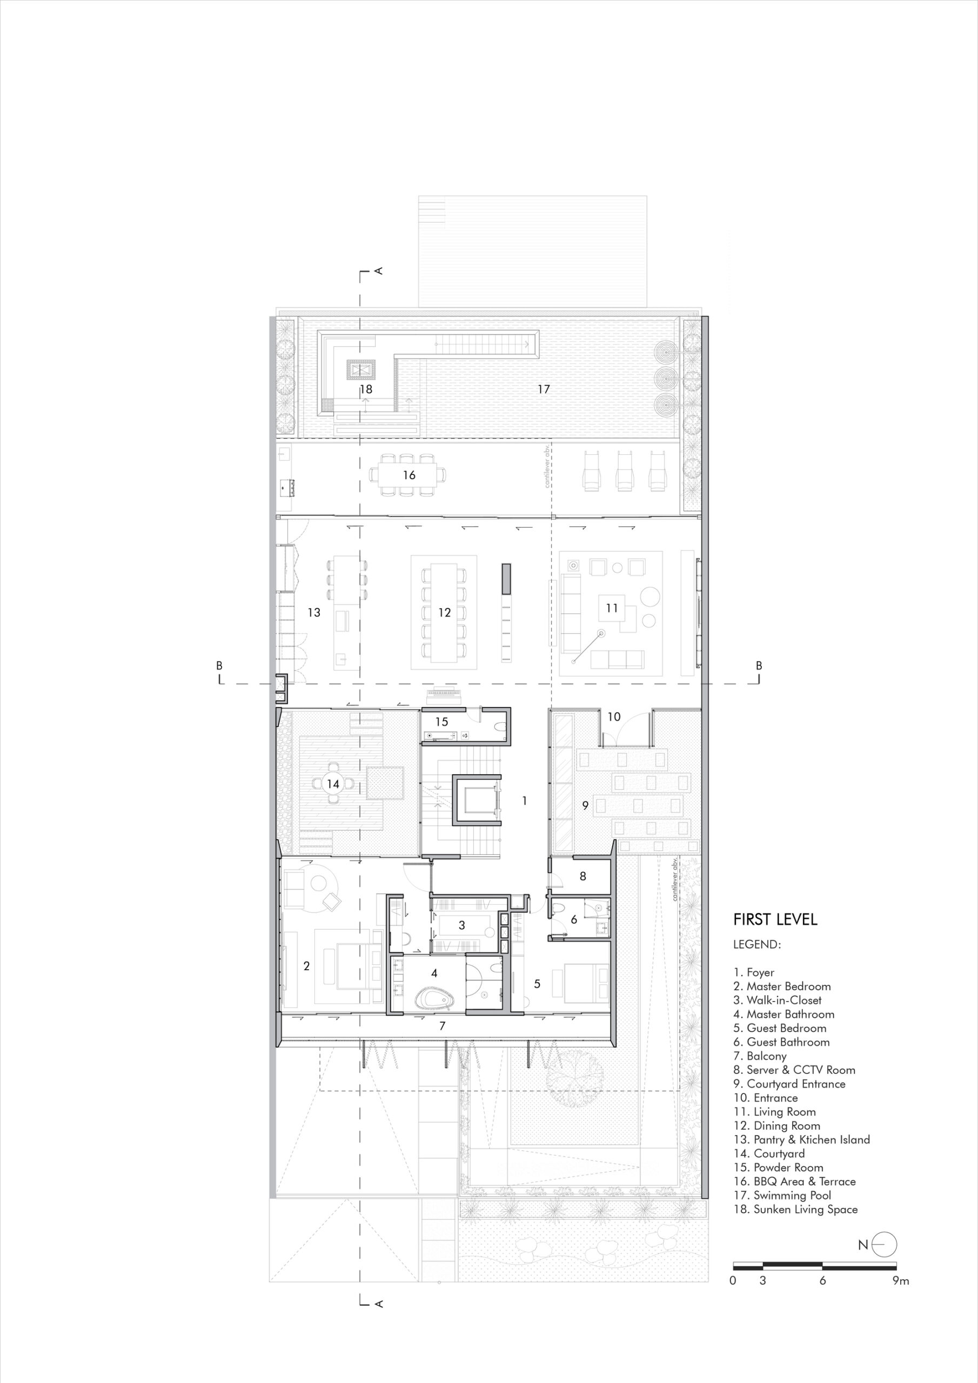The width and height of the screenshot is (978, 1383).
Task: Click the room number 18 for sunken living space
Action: pyautogui.click(x=366, y=389)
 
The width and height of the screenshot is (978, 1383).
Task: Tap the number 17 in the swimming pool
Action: pyautogui.click(x=544, y=389)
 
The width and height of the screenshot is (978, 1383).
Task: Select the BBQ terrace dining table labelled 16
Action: pyautogui.click(x=409, y=475)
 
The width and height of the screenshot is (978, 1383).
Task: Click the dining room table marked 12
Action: pyautogui.click(x=445, y=613)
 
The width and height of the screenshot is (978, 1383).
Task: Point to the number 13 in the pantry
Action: pyautogui.click(x=313, y=613)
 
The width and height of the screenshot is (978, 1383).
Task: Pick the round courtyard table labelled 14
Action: pyautogui.click(x=333, y=784)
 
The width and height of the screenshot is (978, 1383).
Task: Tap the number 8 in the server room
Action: pyautogui.click(x=582, y=876)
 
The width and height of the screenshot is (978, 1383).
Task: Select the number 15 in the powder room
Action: pyautogui.click(x=441, y=722)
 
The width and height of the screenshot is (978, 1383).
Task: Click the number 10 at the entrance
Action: pyautogui.click(x=613, y=717)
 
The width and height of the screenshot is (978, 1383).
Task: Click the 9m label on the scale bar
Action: pyautogui.click(x=901, y=1280)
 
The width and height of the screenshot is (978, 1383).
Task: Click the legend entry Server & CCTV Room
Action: pyautogui.click(x=794, y=1070)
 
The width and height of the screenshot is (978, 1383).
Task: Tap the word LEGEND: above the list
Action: pyautogui.click(x=757, y=944)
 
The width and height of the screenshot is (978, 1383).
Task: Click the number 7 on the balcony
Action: pyautogui.click(x=443, y=1026)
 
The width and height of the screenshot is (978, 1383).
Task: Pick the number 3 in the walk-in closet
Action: pyautogui.click(x=461, y=925)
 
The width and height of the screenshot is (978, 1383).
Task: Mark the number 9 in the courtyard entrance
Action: pyautogui.click(x=585, y=805)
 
